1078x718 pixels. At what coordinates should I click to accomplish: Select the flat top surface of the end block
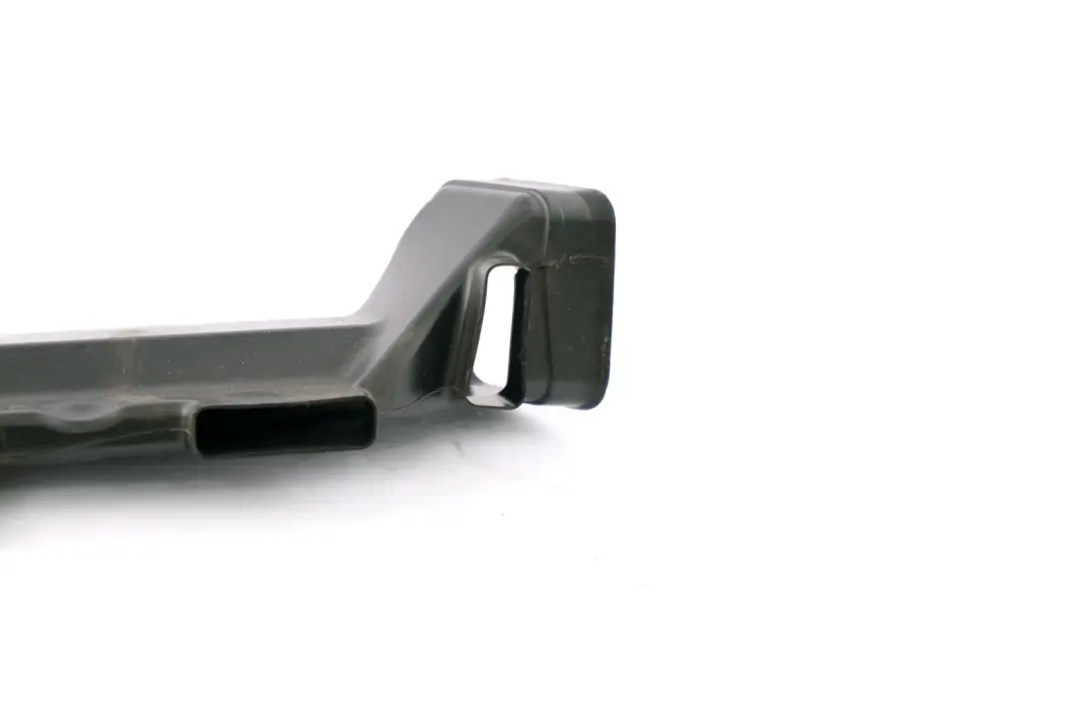(x=529, y=186)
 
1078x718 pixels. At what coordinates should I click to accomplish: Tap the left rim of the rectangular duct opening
(x=201, y=431)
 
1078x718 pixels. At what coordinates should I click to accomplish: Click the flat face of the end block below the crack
(x=574, y=329)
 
